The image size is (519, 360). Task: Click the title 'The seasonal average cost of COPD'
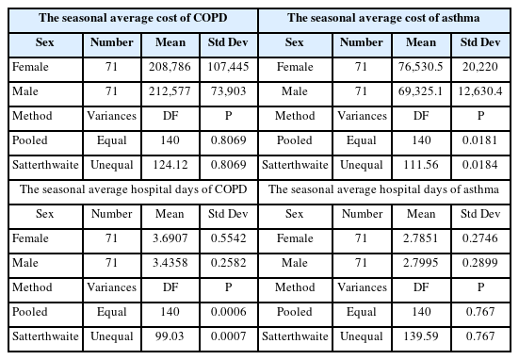[x=133, y=18]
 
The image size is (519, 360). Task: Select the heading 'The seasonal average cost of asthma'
[x=383, y=18]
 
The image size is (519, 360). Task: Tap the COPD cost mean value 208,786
[x=170, y=67]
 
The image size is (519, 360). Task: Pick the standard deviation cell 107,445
[x=228, y=67]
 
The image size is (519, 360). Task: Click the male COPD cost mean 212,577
[x=170, y=91]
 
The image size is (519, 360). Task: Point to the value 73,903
[x=228, y=91]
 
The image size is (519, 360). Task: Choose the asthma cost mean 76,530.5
[x=420, y=67]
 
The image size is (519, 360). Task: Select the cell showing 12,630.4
[x=480, y=91]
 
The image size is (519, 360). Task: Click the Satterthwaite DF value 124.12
[x=170, y=165]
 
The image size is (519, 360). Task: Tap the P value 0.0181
[x=480, y=140]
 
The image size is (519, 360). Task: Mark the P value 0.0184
[x=480, y=165]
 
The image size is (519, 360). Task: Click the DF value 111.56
[x=421, y=165]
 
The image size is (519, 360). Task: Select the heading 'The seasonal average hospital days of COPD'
[x=134, y=189]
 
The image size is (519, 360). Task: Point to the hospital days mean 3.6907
[x=170, y=238]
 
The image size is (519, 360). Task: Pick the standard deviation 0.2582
[x=228, y=263]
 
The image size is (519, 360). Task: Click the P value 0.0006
[x=228, y=312]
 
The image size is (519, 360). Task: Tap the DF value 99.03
[x=170, y=336]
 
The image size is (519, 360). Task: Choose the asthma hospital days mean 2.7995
[x=421, y=263]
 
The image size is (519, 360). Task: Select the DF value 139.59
[x=421, y=336]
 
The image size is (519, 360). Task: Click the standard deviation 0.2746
[x=480, y=238]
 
